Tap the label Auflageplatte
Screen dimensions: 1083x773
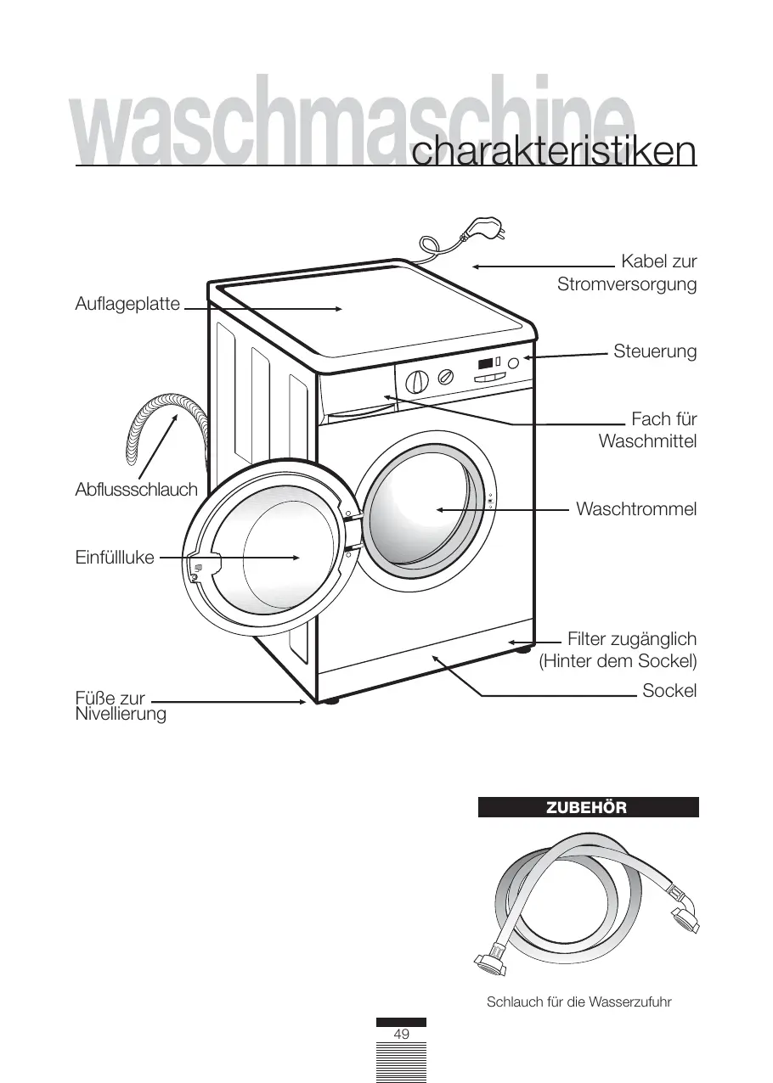click(x=127, y=303)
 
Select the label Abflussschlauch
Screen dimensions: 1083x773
click(x=136, y=490)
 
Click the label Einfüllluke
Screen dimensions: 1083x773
click(x=115, y=557)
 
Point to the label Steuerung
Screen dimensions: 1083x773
click(x=655, y=351)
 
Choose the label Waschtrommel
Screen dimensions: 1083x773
click(x=636, y=509)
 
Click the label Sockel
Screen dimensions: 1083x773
click(x=669, y=691)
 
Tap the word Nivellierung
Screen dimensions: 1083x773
click(x=121, y=715)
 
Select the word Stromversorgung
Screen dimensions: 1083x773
click(x=627, y=284)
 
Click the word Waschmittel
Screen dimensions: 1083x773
click(x=647, y=441)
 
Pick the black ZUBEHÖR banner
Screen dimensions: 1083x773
click(x=588, y=807)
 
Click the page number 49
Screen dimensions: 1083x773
click(x=402, y=1035)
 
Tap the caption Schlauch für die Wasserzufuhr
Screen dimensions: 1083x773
click(x=579, y=1002)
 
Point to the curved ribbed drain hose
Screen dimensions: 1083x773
click(x=161, y=424)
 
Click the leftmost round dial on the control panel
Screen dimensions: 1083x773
click(x=415, y=381)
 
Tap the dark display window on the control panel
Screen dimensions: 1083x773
click(x=486, y=364)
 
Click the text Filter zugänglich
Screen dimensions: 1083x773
click(x=631, y=639)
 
